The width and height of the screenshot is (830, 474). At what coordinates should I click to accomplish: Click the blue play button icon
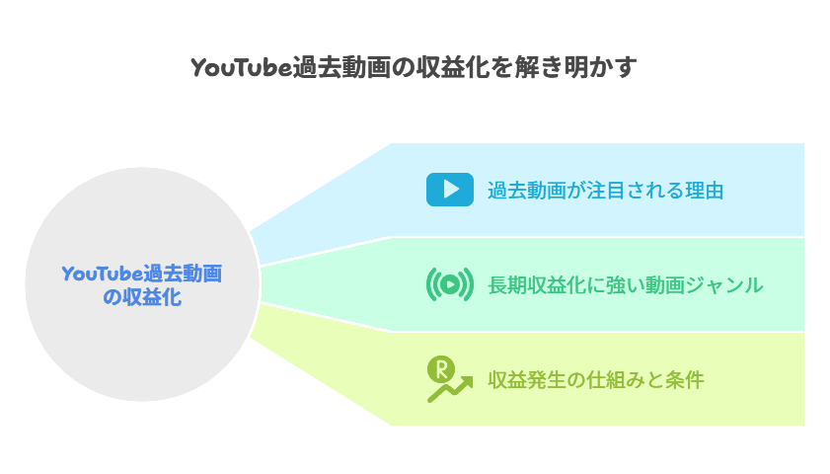[449, 190]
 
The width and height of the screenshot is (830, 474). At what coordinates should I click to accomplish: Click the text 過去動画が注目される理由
[605, 190]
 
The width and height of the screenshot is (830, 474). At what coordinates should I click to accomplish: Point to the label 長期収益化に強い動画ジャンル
[625, 284]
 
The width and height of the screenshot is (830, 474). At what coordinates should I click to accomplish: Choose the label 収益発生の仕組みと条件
[595, 379]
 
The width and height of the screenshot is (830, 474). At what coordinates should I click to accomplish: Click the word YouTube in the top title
[241, 67]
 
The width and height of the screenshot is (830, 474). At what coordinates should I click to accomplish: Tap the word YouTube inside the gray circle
[102, 274]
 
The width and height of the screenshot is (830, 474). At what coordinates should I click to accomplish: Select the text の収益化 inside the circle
[141, 296]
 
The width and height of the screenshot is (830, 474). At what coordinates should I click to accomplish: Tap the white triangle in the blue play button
[450, 190]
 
